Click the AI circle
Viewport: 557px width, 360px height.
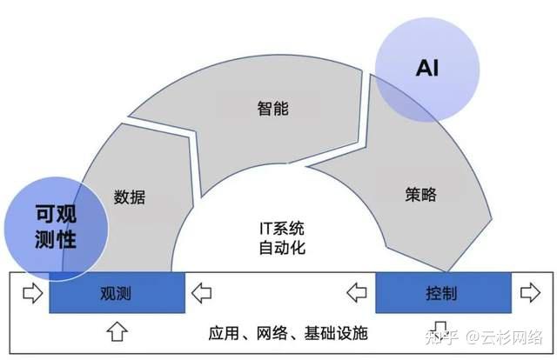[426, 66]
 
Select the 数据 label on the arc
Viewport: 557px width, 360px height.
[130, 197]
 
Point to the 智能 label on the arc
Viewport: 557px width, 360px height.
[272, 110]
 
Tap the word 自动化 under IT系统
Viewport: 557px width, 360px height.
[282, 248]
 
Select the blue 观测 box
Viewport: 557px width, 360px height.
[117, 293]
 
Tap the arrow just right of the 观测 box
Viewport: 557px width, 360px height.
[201, 293]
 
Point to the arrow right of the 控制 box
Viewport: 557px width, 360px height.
[527, 293]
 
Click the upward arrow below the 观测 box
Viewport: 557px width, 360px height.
[117, 330]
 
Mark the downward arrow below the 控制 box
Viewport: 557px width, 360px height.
[441, 329]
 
